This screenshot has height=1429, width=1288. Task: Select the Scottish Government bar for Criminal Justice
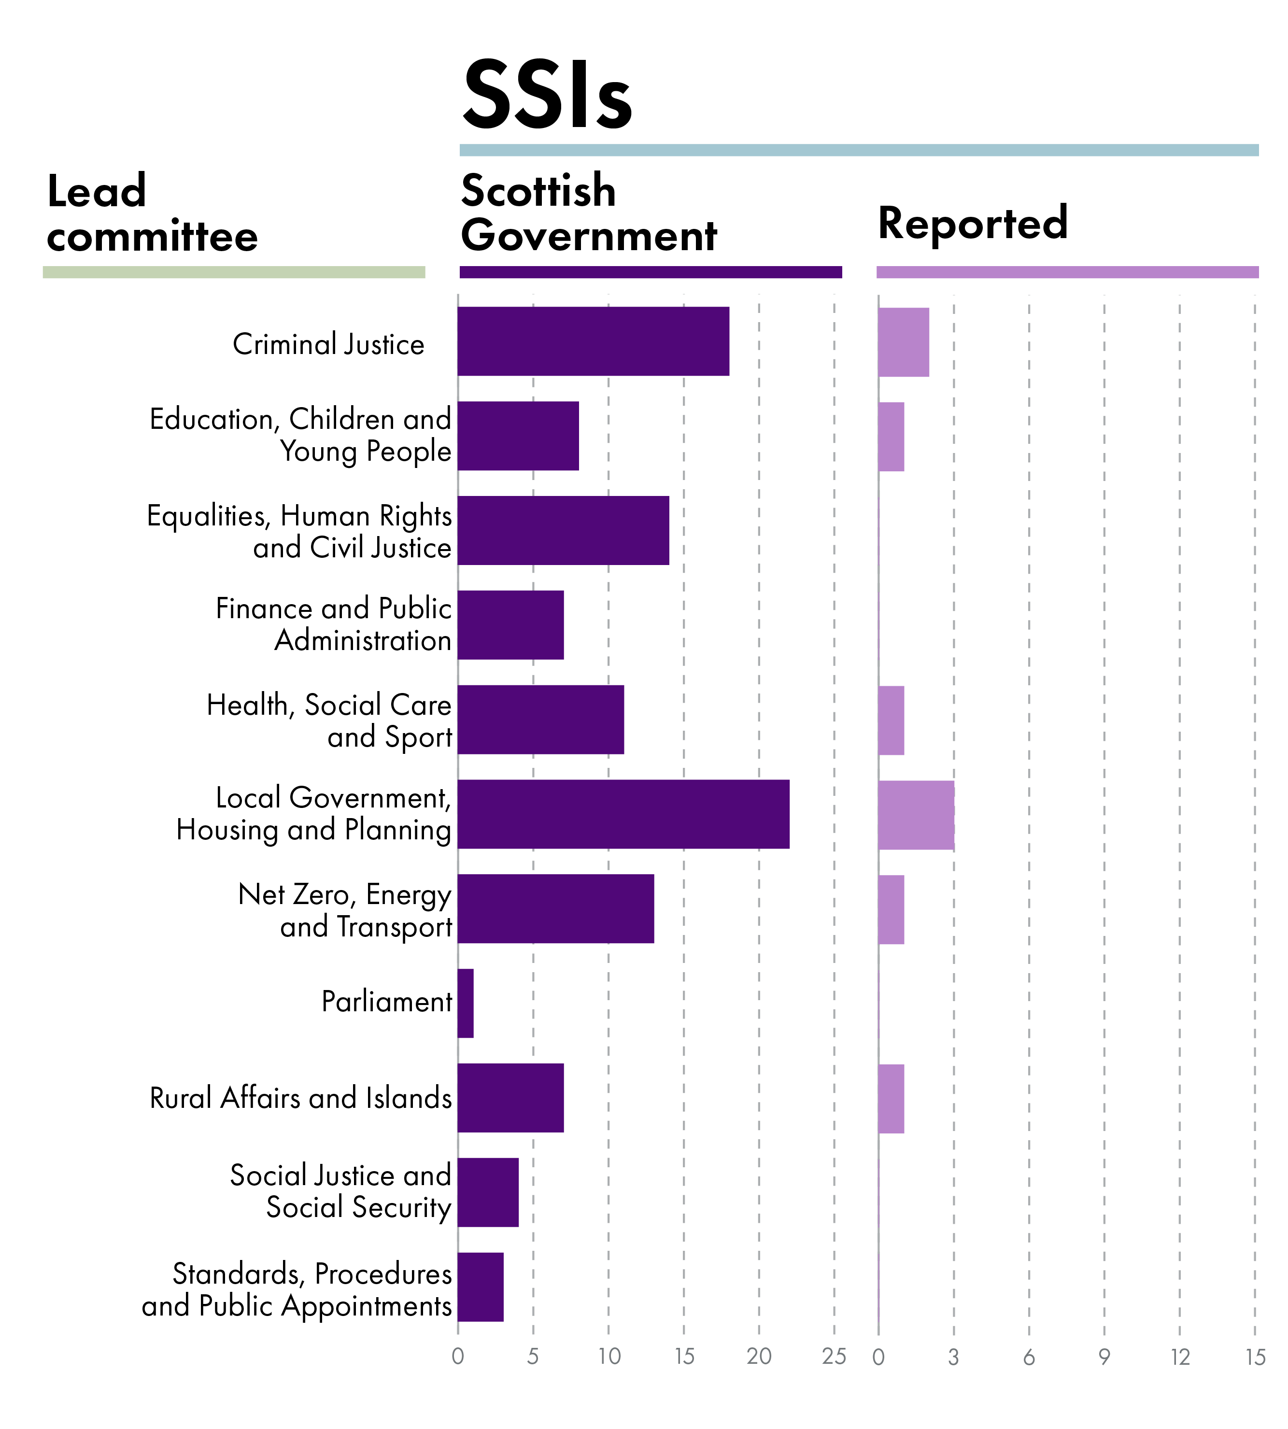coord(593,341)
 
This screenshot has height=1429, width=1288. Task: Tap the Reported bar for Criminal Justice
coord(903,342)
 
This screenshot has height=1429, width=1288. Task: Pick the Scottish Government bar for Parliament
coord(466,1003)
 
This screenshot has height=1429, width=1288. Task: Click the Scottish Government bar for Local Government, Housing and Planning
coord(623,814)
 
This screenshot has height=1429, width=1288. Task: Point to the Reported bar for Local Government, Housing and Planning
coord(916,815)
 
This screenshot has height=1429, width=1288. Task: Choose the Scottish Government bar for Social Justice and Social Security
coord(488,1192)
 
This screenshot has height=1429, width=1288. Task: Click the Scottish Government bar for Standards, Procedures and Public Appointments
coord(481,1287)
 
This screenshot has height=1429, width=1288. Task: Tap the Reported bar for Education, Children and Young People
coord(891,437)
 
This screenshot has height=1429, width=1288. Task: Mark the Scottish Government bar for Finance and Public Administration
coord(510,625)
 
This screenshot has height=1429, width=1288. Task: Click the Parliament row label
coord(386,1002)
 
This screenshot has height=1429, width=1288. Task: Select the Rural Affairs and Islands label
coord(301,1098)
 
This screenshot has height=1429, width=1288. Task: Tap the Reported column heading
coord(972,224)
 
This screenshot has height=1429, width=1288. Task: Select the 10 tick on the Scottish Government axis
coord(609,1356)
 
